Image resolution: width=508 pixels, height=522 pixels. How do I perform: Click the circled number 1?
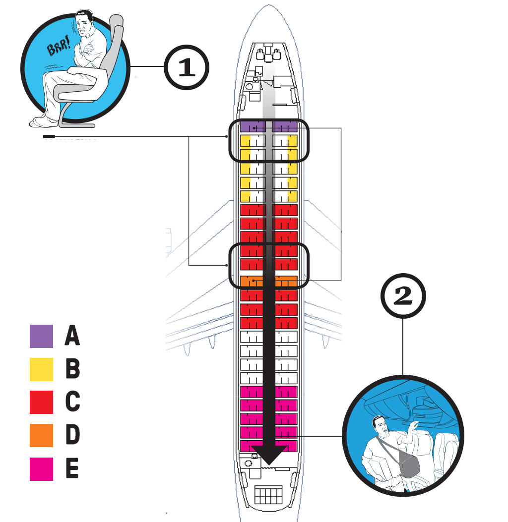coord(187,69)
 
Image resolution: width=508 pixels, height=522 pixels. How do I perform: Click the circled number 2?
coord(403,295)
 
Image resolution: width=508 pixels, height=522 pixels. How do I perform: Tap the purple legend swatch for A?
coord(41,336)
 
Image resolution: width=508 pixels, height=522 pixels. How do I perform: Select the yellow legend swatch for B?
coord(41,369)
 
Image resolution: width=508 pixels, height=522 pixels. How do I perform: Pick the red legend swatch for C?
coord(41,402)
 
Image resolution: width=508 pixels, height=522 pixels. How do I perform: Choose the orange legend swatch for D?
coord(41,435)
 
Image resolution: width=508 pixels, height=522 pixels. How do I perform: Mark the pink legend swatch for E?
coord(41,468)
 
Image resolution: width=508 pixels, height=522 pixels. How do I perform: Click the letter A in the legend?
coord(72,336)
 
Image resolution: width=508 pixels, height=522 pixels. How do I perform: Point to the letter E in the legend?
coord(72,468)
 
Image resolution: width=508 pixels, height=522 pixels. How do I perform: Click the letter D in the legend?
coord(72,435)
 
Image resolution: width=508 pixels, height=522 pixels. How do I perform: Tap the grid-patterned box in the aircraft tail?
coord(268,495)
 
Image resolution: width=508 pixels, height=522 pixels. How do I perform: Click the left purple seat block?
coord(253,126)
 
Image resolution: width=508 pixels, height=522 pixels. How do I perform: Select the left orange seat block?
coord(253,282)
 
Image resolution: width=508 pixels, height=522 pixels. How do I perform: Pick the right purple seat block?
coord(285,126)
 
